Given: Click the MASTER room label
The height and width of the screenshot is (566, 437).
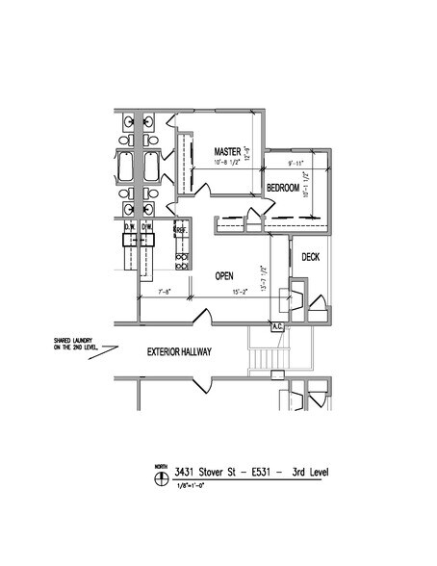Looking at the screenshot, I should pyautogui.click(x=227, y=152).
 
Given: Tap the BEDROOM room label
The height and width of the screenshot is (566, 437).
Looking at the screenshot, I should pyautogui.click(x=285, y=186).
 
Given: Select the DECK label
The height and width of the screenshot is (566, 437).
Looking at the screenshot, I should pyautogui.click(x=310, y=257).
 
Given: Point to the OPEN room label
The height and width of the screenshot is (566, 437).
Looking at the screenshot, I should pyautogui.click(x=225, y=274).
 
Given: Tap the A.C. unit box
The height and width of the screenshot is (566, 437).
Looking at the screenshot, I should pyautogui.click(x=277, y=326).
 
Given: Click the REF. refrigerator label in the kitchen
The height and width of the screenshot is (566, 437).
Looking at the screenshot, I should pyautogui.click(x=178, y=231).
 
